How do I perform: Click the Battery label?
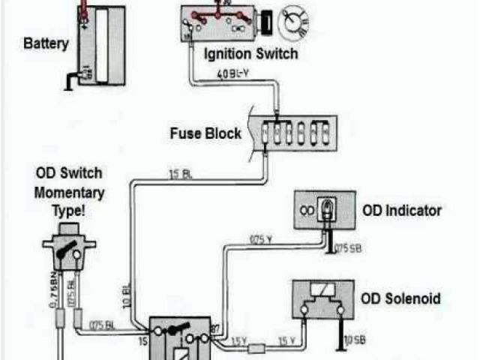click(x=46, y=43)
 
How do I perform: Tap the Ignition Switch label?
click(x=250, y=54)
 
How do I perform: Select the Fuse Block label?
click(x=205, y=133)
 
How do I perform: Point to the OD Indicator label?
click(x=402, y=211)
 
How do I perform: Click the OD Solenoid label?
click(x=401, y=298)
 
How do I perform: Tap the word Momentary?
click(x=70, y=193)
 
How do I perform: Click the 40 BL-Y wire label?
click(x=233, y=74)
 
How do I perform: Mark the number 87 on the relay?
click(x=214, y=328)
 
